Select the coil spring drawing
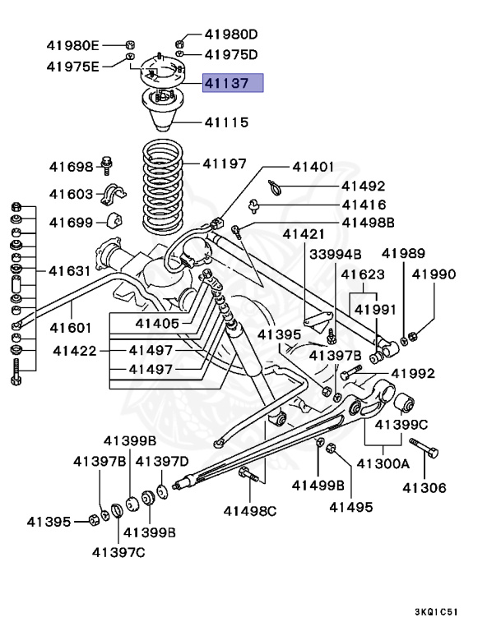click(x=164, y=187)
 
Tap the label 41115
click(x=226, y=122)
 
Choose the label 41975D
click(x=231, y=55)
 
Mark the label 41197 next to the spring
click(x=225, y=164)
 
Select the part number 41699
click(x=72, y=222)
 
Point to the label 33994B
click(x=335, y=254)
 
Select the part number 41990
click(x=434, y=274)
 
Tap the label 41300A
click(x=382, y=463)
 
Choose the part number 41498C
click(x=250, y=510)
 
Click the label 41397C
click(x=118, y=550)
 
